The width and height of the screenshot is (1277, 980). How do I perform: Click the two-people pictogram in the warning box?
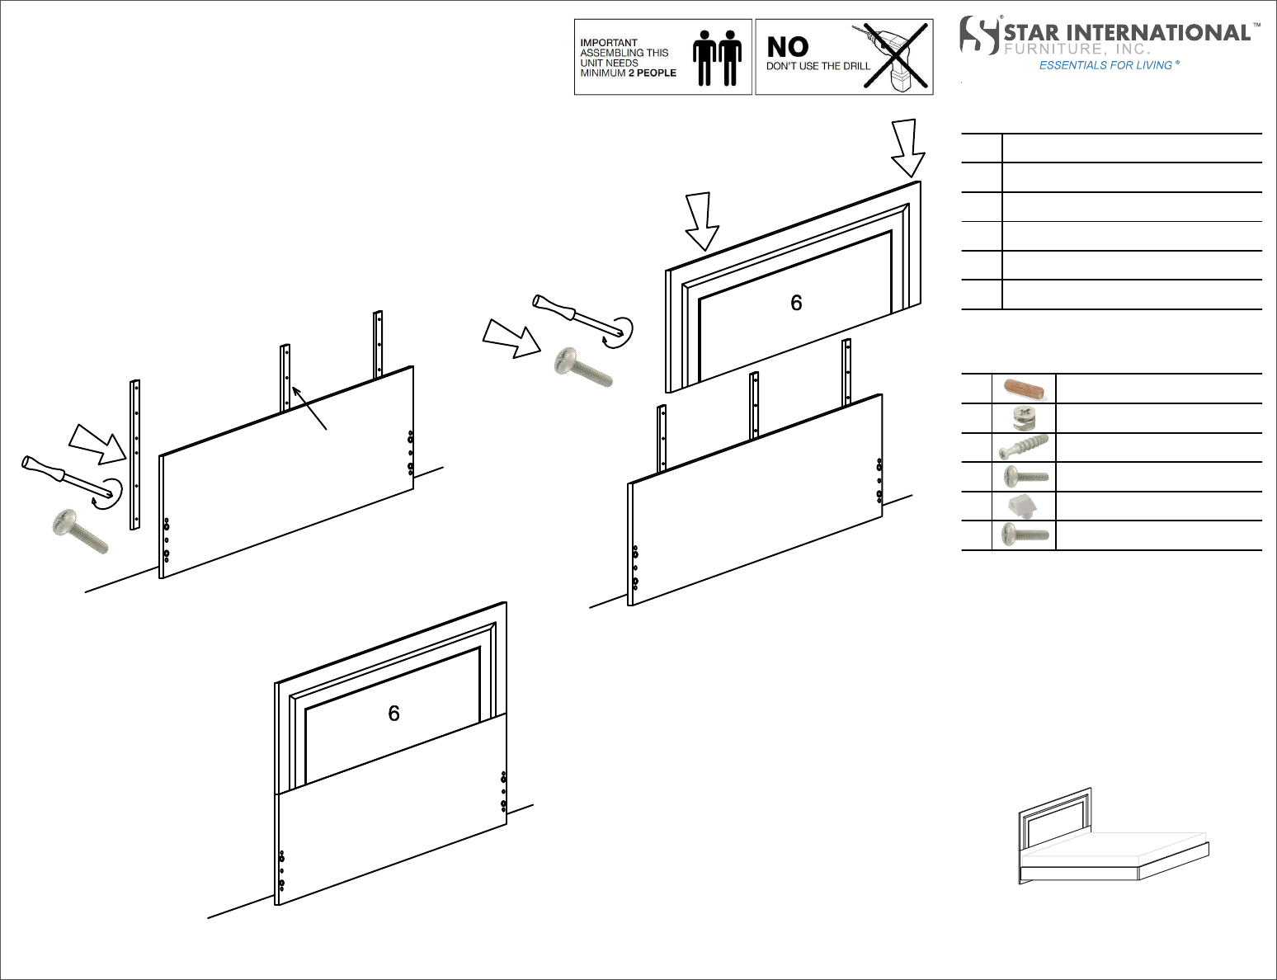717,58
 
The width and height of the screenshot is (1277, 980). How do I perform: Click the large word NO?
788,46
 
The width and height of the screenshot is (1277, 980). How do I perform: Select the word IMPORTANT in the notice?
608,42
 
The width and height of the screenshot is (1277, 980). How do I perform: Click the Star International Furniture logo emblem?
979,35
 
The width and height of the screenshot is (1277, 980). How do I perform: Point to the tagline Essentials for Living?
1109,65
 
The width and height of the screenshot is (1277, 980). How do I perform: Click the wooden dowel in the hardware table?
1025,389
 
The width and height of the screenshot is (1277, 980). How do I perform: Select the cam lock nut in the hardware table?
1024,417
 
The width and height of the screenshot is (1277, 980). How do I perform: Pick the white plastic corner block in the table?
1023,506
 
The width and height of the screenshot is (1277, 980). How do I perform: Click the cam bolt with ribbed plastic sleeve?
1024,447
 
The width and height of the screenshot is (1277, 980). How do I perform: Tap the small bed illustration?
1113,836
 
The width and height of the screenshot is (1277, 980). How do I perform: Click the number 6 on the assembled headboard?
393,714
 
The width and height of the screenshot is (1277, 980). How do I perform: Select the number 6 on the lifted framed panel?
796,303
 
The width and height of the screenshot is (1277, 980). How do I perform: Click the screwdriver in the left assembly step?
70,479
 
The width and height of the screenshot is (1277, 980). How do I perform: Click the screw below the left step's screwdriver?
80,531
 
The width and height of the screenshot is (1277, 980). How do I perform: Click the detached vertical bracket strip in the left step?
134,455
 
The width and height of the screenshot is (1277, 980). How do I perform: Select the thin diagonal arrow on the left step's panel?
309,408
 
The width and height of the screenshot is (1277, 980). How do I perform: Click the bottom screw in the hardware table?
1025,535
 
